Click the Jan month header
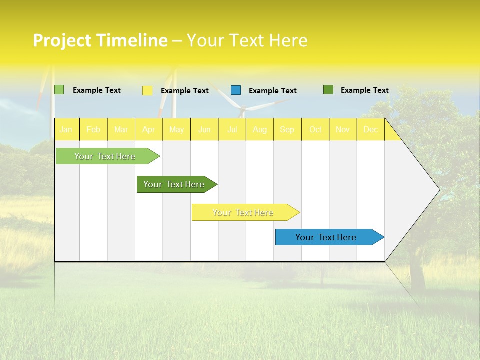[66, 130]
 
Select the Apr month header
[149, 130]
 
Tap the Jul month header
[232, 130]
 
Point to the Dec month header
[370, 130]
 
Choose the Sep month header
[287, 130]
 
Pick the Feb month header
[93, 130]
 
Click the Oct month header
[315, 130]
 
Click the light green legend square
[59, 90]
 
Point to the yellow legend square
[147, 90]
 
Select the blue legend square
[236, 90]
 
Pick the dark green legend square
[328, 90]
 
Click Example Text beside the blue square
[272, 91]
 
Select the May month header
[176, 130]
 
